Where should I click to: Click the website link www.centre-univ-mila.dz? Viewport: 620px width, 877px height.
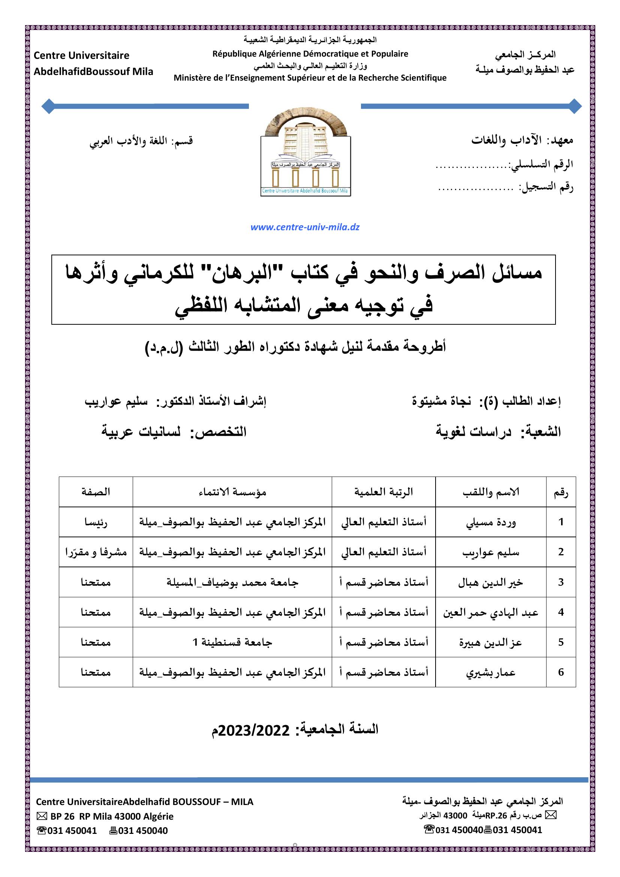[x=305, y=227]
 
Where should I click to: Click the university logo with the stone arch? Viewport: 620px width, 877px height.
[x=306, y=155]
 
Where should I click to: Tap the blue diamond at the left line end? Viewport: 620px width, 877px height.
[x=48, y=106]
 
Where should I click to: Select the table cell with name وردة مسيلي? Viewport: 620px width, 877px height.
[x=491, y=522]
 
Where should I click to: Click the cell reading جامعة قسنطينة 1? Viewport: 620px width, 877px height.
[x=232, y=643]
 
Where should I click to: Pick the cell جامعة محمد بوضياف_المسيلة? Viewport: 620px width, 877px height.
[x=232, y=583]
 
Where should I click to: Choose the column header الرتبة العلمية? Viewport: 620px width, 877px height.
[x=384, y=492]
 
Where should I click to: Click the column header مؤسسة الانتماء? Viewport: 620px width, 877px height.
[x=232, y=492]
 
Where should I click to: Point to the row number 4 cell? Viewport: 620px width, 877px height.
[x=561, y=612]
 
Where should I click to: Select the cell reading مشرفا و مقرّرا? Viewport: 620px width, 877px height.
[x=96, y=552]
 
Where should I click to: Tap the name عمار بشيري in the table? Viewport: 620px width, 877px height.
[x=491, y=672]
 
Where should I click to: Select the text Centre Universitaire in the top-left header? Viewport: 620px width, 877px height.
[x=82, y=56]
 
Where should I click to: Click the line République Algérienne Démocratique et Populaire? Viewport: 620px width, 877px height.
[x=310, y=54]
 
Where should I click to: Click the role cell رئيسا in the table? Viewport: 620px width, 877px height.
[x=96, y=522]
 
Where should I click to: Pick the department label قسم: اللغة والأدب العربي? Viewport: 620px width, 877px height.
[x=141, y=141]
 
